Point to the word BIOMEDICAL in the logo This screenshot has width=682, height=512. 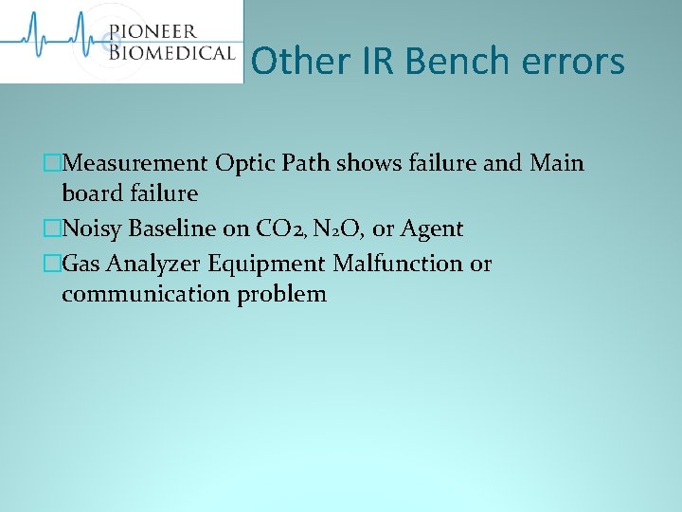pyautogui.click(x=170, y=52)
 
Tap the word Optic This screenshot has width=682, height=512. pyautogui.click(x=244, y=163)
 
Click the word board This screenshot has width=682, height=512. pyautogui.click(x=94, y=193)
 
